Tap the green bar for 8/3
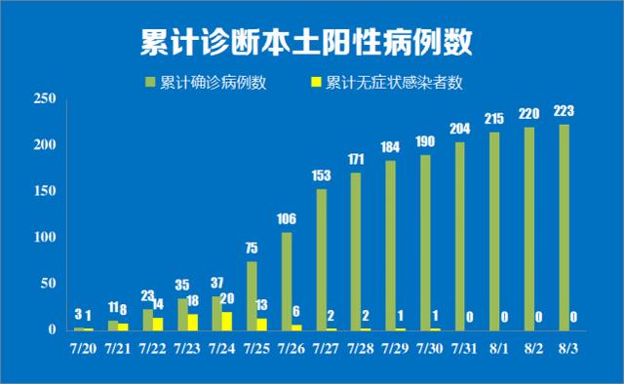565,227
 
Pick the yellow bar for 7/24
227,321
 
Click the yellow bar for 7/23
192,322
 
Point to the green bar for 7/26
287,281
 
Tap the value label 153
321,175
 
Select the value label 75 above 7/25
252,248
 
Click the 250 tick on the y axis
43,98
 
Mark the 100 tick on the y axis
43,238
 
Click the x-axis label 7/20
85,347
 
